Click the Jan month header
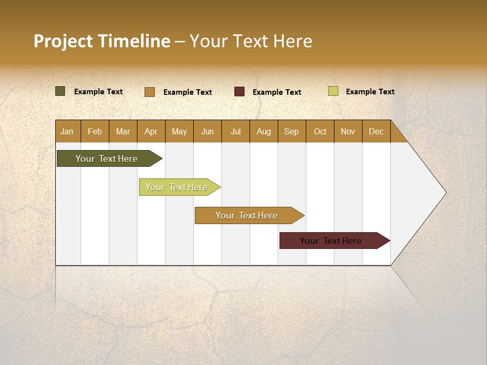[67, 131]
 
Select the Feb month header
[95, 131]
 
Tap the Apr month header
[151, 131]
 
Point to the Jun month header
[207, 131]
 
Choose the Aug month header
[263, 131]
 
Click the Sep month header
[291, 131]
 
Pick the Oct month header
[320, 131]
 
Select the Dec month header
[376, 131]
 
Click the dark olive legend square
[60, 91]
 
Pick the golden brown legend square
[149, 92]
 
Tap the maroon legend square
[239, 92]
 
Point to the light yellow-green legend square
[333, 91]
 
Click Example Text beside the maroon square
[277, 92]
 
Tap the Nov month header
[348, 131]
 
